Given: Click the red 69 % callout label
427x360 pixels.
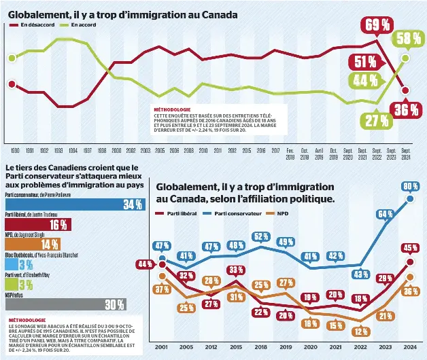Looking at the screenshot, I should point(377,26).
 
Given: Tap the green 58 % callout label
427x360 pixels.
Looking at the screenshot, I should point(407,39).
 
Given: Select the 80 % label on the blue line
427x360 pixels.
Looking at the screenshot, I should point(410,185).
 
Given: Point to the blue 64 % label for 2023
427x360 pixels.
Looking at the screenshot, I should point(386,214).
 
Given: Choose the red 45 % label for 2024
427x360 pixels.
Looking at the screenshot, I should point(410,248).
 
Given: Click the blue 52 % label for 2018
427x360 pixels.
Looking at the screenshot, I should point(261,236).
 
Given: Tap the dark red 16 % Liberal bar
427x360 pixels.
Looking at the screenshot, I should point(37,225).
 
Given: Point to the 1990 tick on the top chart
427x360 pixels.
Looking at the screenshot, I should point(15,149).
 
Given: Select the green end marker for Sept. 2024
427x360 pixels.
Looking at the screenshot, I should point(406,58).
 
